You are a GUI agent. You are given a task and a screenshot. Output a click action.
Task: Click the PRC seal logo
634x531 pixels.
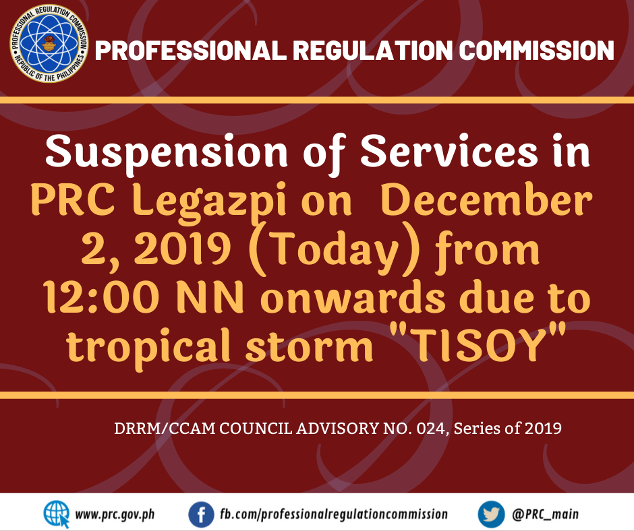click(x=49, y=44)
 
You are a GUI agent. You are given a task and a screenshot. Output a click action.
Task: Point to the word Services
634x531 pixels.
click(x=449, y=151)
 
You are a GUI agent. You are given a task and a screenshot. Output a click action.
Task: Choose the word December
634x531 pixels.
click(x=487, y=199)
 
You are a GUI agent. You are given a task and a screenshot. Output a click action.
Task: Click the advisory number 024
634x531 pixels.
click(x=432, y=429)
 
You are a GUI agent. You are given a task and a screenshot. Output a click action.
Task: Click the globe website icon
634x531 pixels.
click(x=56, y=514)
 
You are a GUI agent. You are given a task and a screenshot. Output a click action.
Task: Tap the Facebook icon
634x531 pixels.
click(x=201, y=514)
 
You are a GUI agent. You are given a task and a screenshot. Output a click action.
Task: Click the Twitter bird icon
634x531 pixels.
click(x=491, y=514)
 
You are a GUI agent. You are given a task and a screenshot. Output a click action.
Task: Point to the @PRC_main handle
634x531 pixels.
click(x=545, y=514)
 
